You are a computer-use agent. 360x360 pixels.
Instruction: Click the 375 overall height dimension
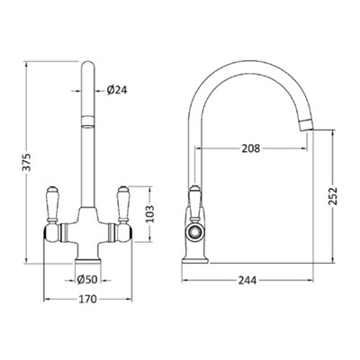tap(27, 162)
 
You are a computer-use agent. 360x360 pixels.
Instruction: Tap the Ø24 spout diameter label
tap(117, 90)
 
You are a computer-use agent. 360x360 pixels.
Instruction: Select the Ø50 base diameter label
tap(87, 280)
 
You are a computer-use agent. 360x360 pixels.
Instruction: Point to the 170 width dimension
tap(88, 299)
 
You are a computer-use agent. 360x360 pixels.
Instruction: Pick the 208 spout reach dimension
tap(251, 148)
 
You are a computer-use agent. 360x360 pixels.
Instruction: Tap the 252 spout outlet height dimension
tap(333, 196)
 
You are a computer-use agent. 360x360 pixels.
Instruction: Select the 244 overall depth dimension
tap(247, 281)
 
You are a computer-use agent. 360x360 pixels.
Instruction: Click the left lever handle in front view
tap(52, 205)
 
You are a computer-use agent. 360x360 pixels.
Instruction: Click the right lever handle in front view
tap(123, 205)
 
